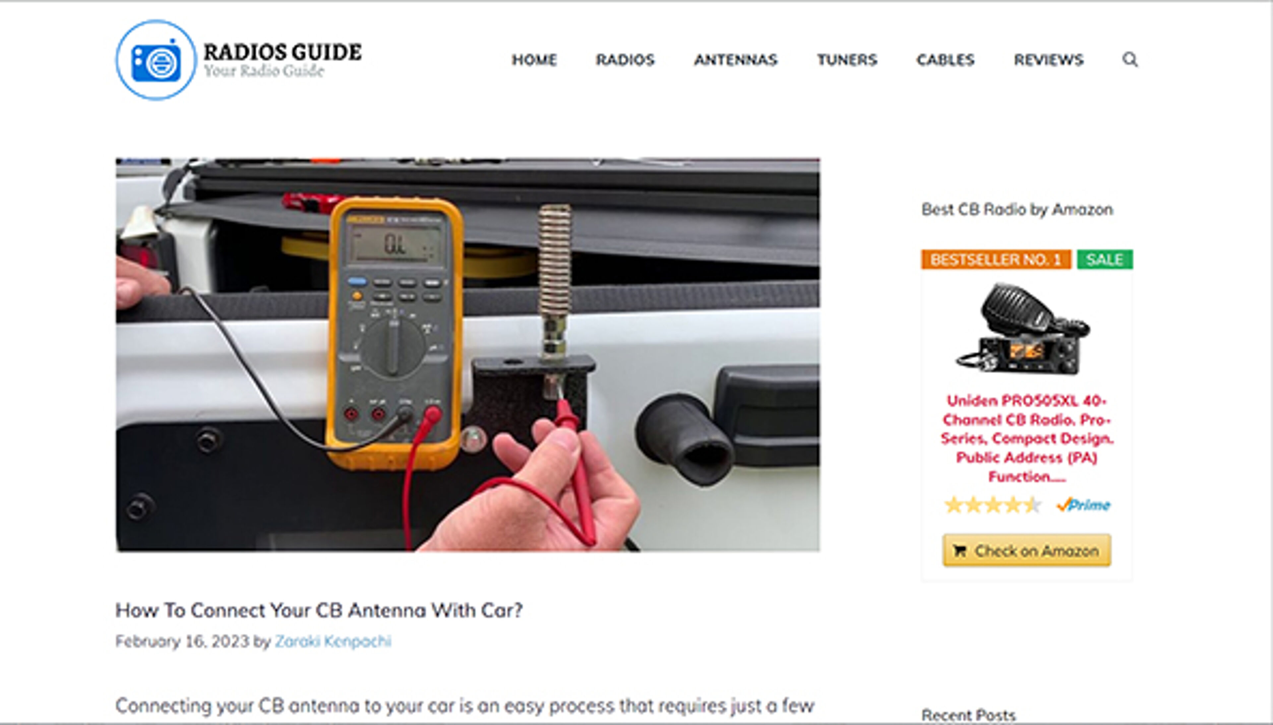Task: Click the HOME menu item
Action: tap(534, 60)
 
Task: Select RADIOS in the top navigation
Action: tap(625, 60)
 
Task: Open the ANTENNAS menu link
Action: tap(736, 60)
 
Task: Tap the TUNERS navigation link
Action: tap(847, 60)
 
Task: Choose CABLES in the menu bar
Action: tap(945, 60)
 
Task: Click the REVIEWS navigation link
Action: tap(1049, 60)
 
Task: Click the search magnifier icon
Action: tap(1130, 59)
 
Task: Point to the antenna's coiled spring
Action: tap(554, 259)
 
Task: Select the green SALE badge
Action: tap(1104, 259)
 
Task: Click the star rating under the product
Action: tap(992, 505)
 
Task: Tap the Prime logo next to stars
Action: tap(1083, 505)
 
